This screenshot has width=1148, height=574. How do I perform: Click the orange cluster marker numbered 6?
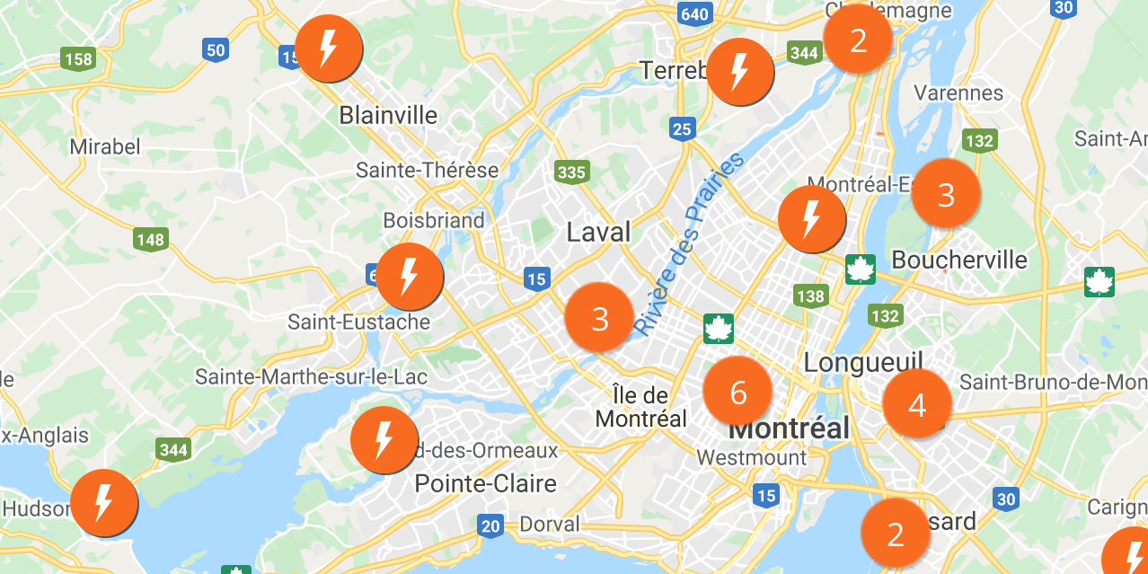pos(737,392)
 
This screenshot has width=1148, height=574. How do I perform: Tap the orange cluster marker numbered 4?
pos(916,404)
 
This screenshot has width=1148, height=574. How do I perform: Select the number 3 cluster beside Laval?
pos(599,318)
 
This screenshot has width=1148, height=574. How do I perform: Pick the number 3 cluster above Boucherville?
pos(945,194)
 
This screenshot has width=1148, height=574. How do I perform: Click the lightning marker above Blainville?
pos(328,48)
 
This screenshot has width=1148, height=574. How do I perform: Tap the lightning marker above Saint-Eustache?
pos(409,277)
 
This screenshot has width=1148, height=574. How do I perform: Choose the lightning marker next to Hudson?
pos(103,503)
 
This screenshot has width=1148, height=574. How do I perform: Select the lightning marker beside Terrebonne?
pos(739,72)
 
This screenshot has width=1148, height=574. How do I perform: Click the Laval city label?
pos(598,233)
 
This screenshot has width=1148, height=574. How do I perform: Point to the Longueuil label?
pos(863,363)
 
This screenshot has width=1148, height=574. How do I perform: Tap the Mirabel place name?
pos(105,146)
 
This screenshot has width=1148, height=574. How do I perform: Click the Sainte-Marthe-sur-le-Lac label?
pos(312,377)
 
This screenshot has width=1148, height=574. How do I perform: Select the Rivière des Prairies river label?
pos(689,244)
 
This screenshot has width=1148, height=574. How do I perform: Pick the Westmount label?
pos(752,458)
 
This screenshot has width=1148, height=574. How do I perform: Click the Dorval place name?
pos(550,524)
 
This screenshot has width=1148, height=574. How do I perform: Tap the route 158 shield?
pos(79,60)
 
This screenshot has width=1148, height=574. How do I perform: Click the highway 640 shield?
pos(694,14)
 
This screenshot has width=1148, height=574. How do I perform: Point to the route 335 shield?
pos(571,172)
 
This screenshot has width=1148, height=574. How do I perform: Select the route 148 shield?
pos(151,240)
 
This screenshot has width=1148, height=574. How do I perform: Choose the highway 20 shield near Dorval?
pos(490,526)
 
